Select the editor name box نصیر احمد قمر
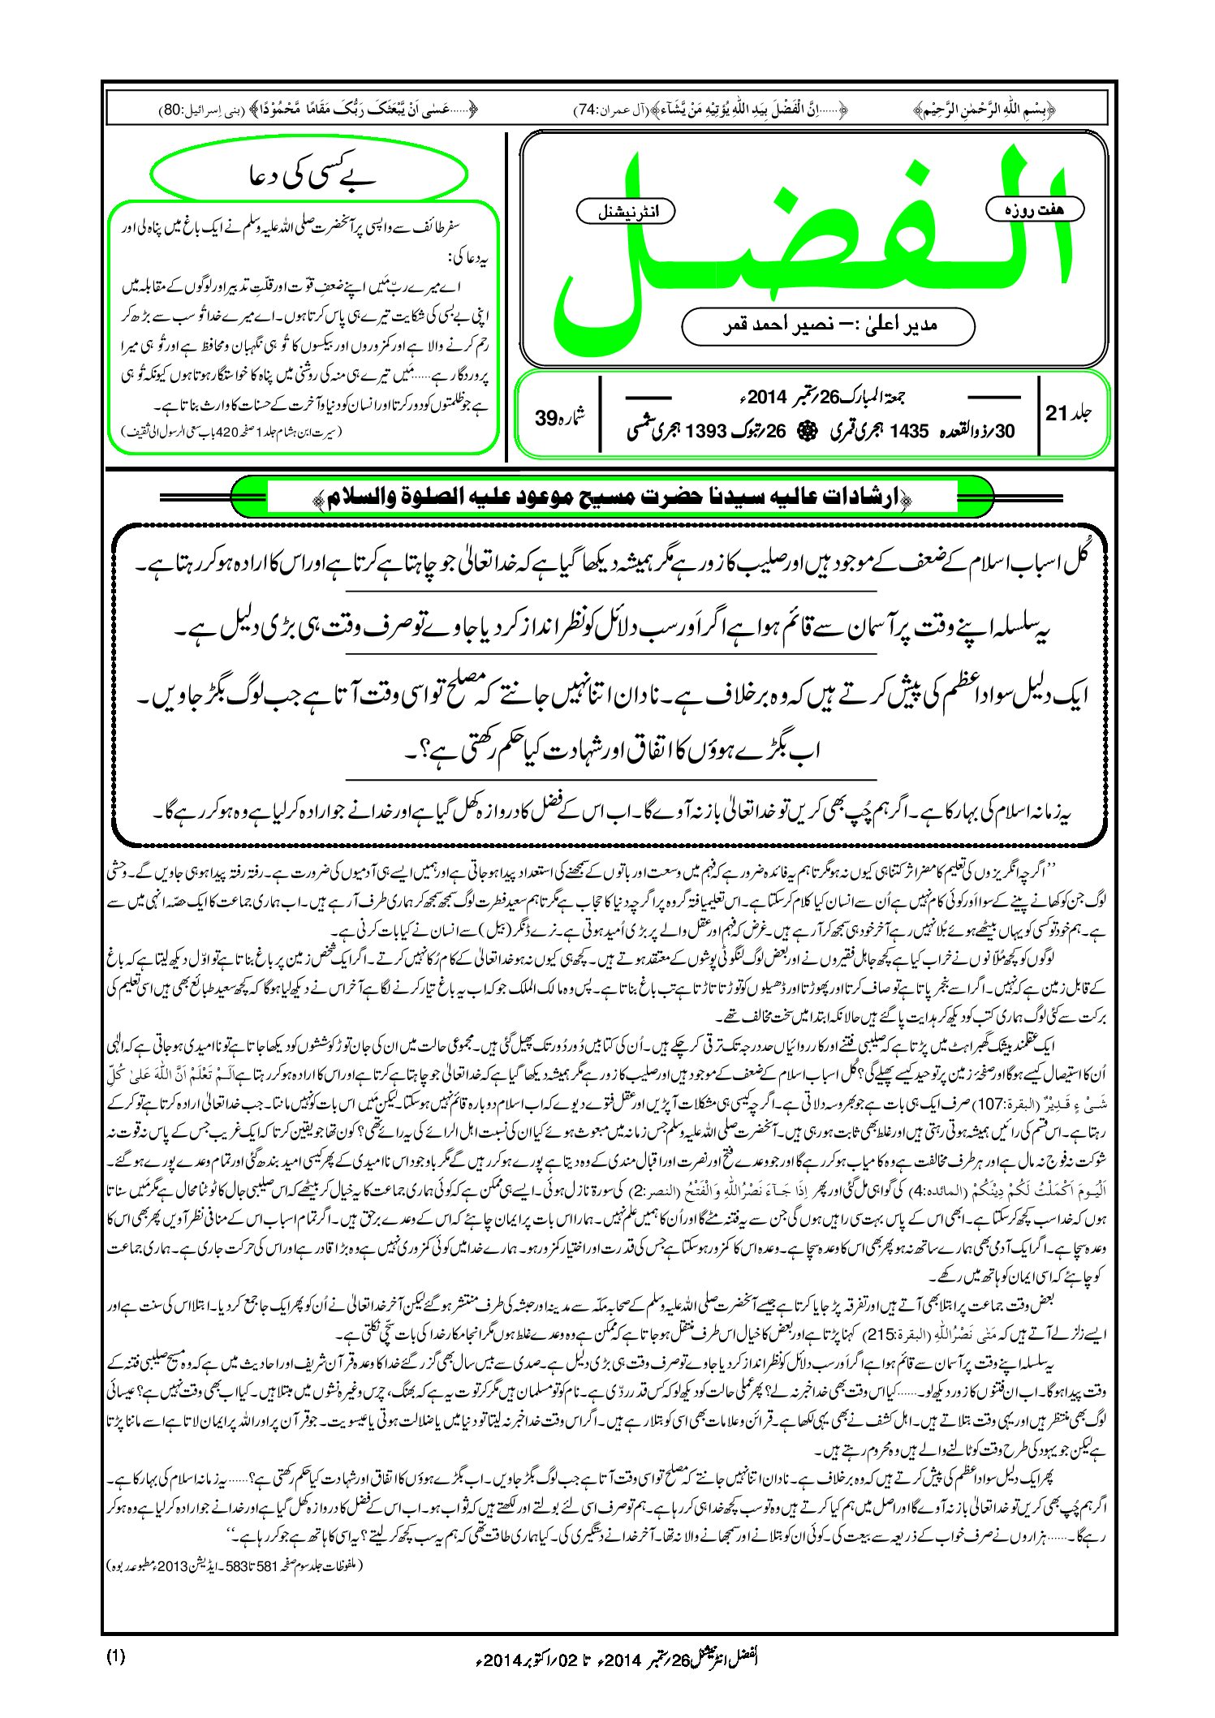pos(828,326)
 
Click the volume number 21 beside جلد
pos(1056,413)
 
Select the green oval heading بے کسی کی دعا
pos(309,176)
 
